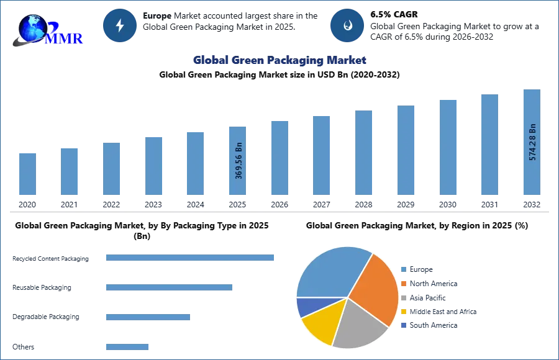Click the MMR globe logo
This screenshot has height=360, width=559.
click(47, 30)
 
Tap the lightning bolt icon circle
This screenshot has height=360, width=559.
click(120, 25)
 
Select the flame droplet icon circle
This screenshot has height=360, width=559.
click(347, 25)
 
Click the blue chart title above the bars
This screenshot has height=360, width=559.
click(279, 60)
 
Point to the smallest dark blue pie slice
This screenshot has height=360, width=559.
click(306, 307)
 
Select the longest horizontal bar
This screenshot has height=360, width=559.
click(191, 258)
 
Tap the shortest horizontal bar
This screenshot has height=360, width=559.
click(127, 348)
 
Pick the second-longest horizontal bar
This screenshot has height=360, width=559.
click(168, 288)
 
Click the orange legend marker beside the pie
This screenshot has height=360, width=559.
click(403, 283)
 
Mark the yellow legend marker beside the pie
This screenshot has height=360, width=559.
click(403, 312)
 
